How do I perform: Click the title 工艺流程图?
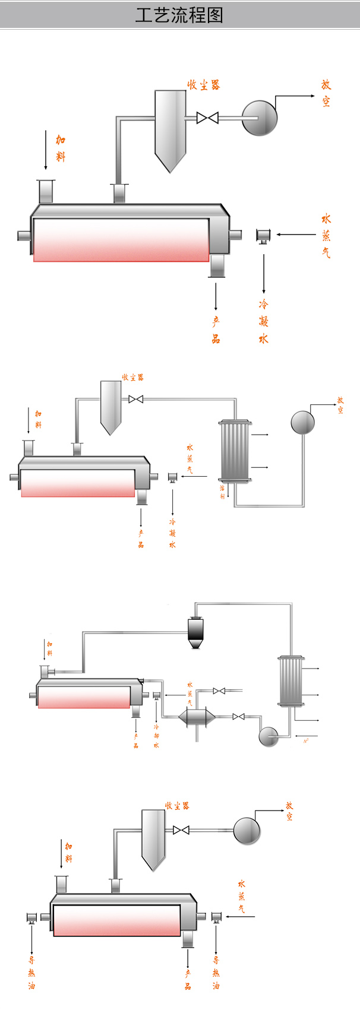[179, 15]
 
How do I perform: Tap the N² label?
[306, 740]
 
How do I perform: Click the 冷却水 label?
[156, 736]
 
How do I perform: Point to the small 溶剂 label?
[223, 492]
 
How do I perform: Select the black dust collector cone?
[195, 632]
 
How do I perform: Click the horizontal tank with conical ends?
[197, 717]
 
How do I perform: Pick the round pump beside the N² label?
[269, 736]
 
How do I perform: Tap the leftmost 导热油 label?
[31, 973]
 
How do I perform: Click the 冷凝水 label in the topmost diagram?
[264, 321]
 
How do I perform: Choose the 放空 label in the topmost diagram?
[326, 93]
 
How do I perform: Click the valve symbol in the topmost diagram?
[207, 118]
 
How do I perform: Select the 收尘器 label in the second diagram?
[132, 377]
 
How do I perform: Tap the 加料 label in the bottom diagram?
[69, 852]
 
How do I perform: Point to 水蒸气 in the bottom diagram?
[241, 897]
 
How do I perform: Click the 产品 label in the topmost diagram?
[216, 330]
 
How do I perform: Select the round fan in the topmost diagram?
[260, 118]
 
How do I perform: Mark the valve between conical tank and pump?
[239, 717]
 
